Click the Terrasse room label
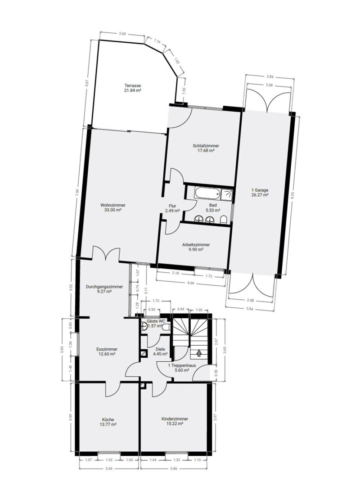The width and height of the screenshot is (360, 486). coord(133,85)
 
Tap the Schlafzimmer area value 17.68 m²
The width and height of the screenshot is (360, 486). coord(206,151)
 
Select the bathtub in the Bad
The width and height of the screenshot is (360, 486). coord(207,193)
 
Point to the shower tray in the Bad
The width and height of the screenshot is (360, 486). coord(227,193)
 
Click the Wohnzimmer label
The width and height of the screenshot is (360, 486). coord(113,205)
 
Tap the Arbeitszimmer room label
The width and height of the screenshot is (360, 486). coord(196,244)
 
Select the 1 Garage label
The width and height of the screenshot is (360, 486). coord(260,190)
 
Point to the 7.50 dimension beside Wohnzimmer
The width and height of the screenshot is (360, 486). coord(77,193)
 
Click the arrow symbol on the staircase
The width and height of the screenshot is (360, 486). coord(198,352)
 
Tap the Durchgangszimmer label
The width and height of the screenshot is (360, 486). coord(104,287)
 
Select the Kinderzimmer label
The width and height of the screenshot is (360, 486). coord(175,419)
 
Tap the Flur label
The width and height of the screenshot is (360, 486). coord(172,206)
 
